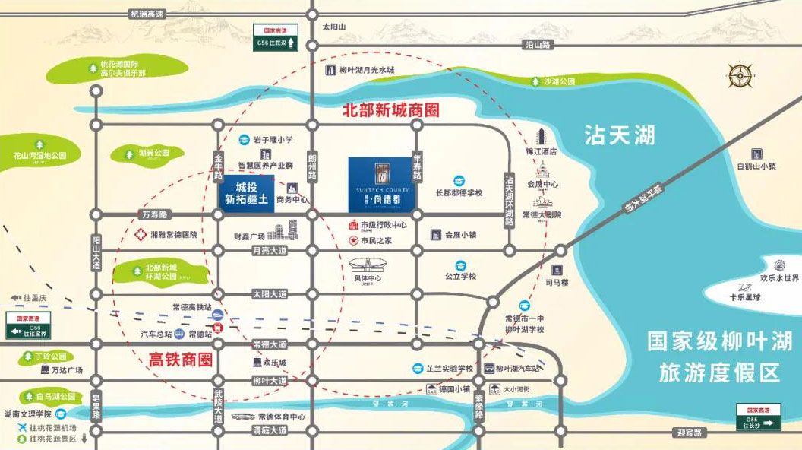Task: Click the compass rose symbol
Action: click(x=738, y=74)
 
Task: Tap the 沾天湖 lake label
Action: click(x=619, y=136)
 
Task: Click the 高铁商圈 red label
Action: click(x=180, y=357)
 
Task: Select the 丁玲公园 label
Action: click(x=50, y=355)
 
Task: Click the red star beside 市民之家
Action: click(x=352, y=240)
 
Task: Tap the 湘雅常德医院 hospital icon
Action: click(x=139, y=235)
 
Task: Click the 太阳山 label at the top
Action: click(x=333, y=27)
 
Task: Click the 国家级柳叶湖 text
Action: click(x=719, y=340)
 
